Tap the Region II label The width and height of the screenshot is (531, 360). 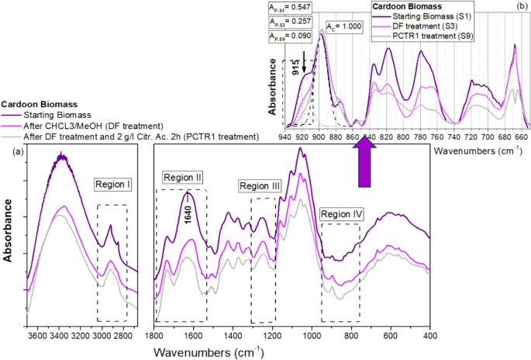coord(183,178)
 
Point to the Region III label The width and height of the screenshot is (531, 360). coord(260,186)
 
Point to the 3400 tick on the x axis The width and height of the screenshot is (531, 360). coord(60,335)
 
